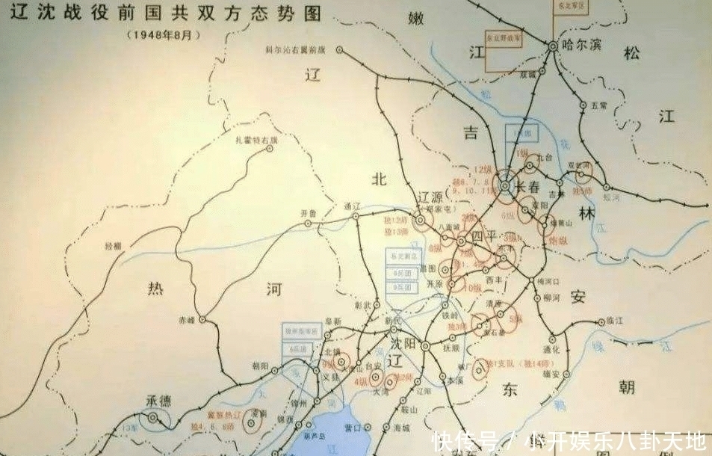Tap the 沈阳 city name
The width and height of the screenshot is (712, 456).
[402, 345]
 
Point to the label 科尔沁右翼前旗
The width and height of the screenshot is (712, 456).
[296, 49]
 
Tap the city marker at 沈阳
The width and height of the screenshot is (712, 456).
[424, 346]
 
